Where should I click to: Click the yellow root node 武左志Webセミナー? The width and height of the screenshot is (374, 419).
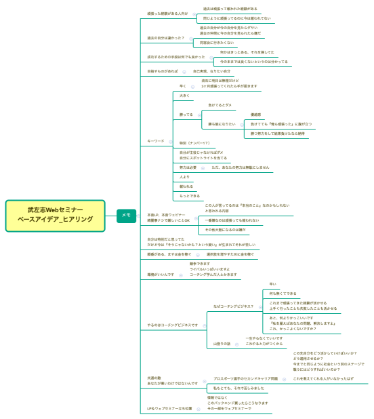(55, 216)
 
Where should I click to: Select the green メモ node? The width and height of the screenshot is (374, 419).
(127, 215)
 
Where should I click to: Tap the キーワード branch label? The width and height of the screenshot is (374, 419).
(156, 141)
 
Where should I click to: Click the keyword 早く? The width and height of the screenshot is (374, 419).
(183, 86)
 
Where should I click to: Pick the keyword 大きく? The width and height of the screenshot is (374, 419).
(184, 96)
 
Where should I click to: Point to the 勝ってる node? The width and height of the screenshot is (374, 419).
(186, 115)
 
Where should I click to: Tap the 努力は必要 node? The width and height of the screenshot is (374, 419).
(188, 167)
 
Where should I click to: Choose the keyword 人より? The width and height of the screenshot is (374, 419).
(184, 176)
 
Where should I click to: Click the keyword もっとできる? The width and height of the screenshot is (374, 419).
(188, 195)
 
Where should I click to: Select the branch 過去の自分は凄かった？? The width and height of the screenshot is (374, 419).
(166, 38)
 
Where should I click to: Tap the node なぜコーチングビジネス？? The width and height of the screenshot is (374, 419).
(233, 306)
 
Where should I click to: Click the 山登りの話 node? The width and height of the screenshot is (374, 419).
(222, 344)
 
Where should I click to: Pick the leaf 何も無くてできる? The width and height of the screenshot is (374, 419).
(283, 294)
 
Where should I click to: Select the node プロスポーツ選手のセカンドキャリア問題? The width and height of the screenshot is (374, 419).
(245, 378)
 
